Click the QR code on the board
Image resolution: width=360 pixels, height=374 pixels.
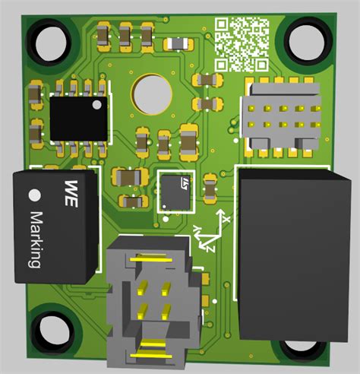point(242,43)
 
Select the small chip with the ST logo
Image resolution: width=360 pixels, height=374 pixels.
point(178,190)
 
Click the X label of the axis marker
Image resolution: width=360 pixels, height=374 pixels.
point(225,218)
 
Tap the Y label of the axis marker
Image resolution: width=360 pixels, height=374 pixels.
point(198,228)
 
